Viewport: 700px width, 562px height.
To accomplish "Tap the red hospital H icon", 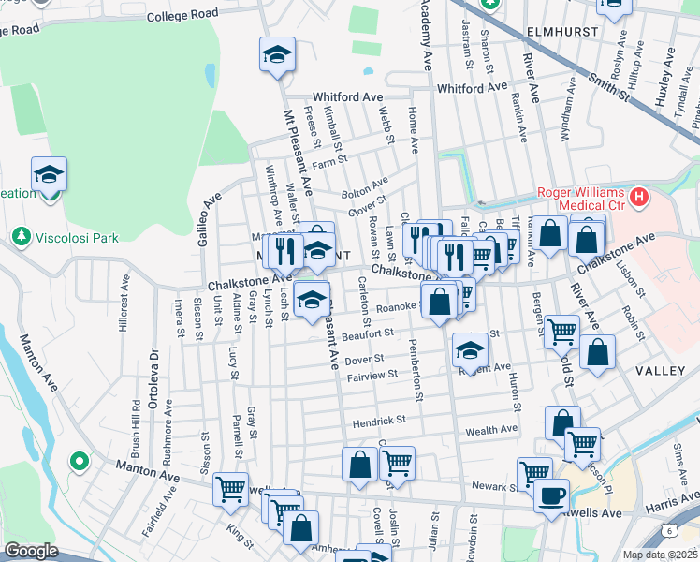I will [639, 198].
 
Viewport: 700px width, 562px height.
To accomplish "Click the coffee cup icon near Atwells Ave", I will [551, 495].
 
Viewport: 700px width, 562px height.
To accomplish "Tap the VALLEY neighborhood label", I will [660, 372].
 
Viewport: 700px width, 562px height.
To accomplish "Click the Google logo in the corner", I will [31, 551].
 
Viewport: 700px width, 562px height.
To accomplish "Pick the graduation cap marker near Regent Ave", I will [470, 350].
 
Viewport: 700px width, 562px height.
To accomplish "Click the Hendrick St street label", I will [378, 422].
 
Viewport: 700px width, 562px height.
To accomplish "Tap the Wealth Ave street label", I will [491, 429].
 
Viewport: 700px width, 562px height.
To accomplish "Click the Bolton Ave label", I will [364, 187].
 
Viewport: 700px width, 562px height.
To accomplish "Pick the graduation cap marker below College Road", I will [277, 54].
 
